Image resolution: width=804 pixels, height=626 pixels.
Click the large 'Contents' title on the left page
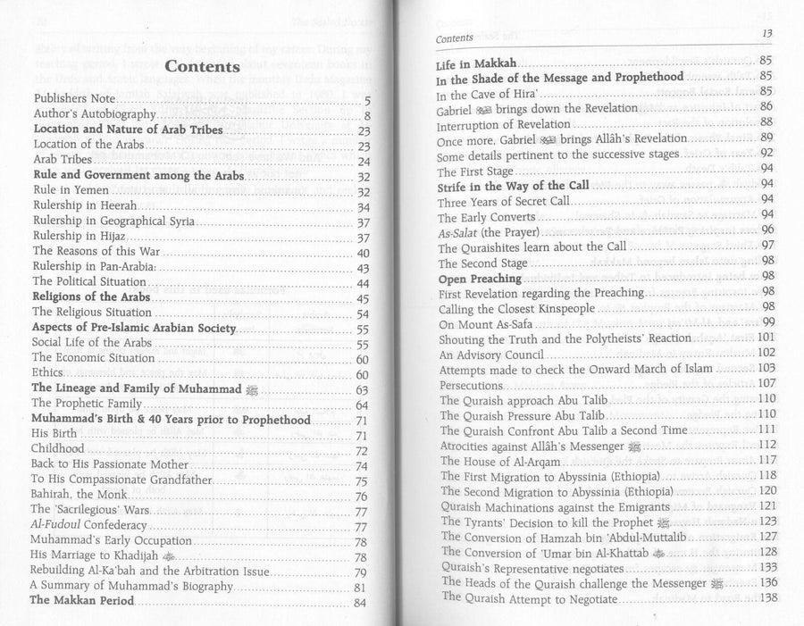(x=202, y=67)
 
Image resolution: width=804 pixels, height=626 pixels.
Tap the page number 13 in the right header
(x=766, y=34)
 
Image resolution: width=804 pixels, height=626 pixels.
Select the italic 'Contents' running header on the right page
(x=454, y=39)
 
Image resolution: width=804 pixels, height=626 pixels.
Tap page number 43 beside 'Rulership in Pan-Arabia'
(x=363, y=268)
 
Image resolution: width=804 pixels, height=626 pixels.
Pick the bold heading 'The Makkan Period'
(x=81, y=601)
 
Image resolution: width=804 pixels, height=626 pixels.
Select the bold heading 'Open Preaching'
(x=479, y=279)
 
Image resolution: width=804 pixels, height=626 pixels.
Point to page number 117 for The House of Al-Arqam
(x=766, y=461)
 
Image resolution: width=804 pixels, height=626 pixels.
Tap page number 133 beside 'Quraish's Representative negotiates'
(x=766, y=568)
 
